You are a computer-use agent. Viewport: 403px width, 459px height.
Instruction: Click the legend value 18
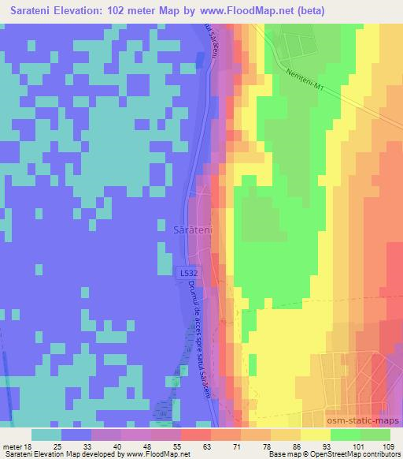coord(27,446)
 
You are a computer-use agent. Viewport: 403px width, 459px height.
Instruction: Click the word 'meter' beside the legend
coord(11,446)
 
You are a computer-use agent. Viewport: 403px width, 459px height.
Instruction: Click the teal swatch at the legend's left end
coord(46,435)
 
